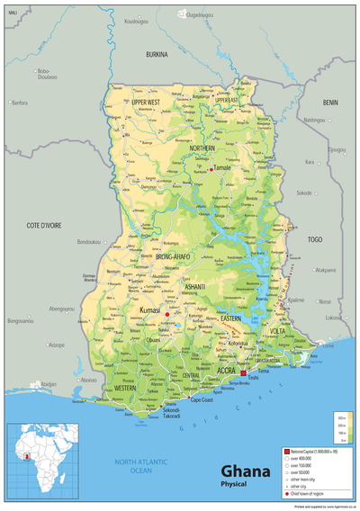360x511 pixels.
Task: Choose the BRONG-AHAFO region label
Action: point(175,257)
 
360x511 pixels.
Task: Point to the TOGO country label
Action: point(315,240)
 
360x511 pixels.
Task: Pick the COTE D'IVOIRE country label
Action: point(43,225)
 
